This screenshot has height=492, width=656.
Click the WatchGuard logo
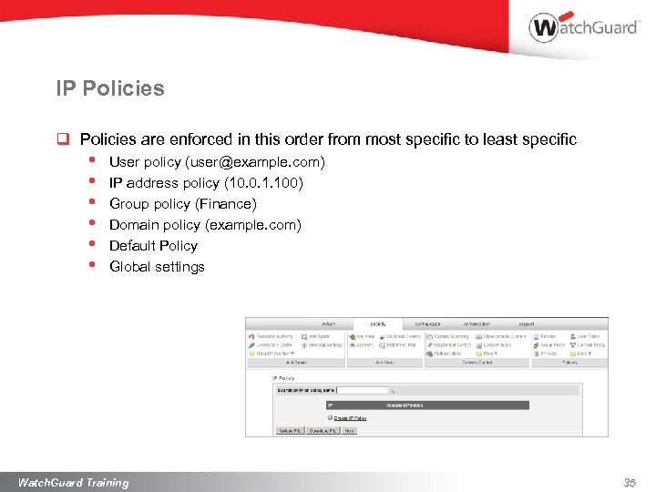coord(584,26)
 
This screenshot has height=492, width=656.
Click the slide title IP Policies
coord(110,88)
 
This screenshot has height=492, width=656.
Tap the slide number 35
coord(629,483)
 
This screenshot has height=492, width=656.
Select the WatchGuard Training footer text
coord(74,482)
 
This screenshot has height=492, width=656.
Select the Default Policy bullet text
coord(153,246)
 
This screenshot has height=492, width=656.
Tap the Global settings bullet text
coord(157,267)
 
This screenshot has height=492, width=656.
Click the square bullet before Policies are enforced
coord(64,139)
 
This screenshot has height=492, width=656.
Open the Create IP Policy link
coord(350,418)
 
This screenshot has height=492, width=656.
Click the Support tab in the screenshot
coord(528,323)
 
